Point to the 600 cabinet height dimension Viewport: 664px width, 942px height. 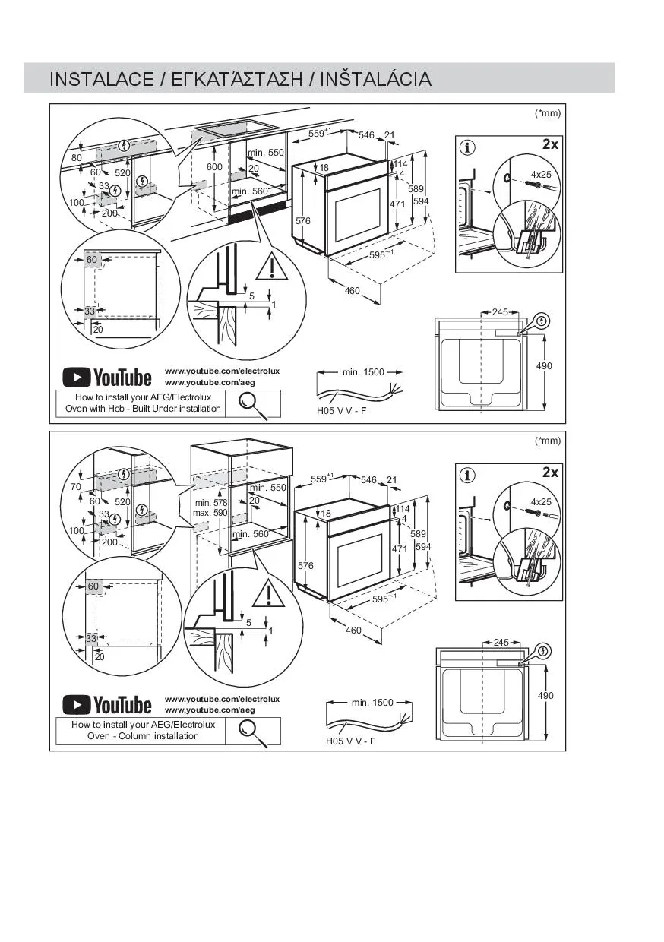click(214, 167)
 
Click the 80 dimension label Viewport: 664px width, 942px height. click(77, 158)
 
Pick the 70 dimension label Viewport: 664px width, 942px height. click(77, 486)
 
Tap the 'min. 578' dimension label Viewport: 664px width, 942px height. click(210, 503)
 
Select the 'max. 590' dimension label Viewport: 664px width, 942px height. click(210, 513)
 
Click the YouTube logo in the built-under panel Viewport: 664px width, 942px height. click(107, 377)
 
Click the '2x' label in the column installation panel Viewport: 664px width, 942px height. click(550, 473)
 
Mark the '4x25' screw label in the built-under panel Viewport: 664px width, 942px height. click(541, 175)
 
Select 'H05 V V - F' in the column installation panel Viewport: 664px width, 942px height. click(351, 741)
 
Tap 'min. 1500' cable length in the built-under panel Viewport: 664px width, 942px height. click(363, 372)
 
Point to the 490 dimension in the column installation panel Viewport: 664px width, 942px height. click(545, 695)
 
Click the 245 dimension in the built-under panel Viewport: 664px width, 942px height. click(500, 312)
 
